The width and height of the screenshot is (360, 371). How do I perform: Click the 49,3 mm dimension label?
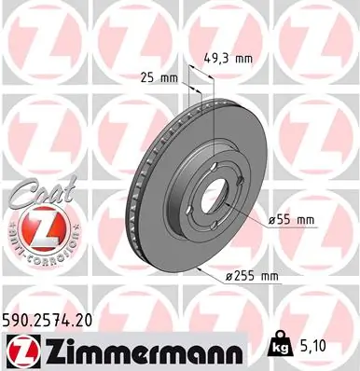pos(229,58)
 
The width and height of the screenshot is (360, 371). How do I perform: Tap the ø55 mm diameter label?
pos(292,219)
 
